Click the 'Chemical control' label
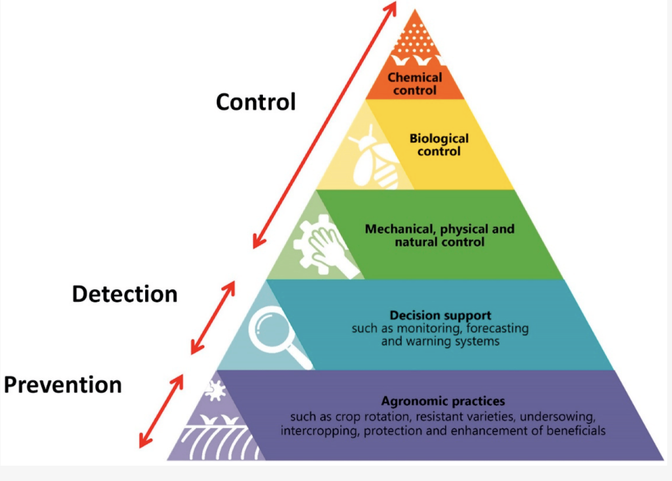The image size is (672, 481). (x=414, y=84)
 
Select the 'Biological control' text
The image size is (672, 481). (x=439, y=145)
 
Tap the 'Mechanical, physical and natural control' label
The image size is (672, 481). (x=439, y=236)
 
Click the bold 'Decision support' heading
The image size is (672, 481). (x=440, y=315)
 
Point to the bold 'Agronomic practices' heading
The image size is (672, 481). (x=443, y=400)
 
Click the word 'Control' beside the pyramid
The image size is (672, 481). (x=255, y=101)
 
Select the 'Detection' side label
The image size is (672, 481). (x=125, y=294)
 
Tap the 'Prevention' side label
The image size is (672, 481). (x=63, y=385)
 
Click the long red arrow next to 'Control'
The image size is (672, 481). (x=324, y=124)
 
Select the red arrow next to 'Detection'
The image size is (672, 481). (x=213, y=317)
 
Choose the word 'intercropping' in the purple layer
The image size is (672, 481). (x=320, y=430)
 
